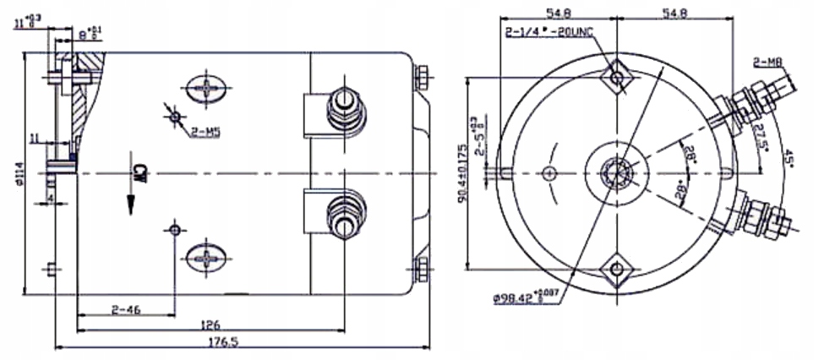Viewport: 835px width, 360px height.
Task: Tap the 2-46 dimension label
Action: coord(126,310)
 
